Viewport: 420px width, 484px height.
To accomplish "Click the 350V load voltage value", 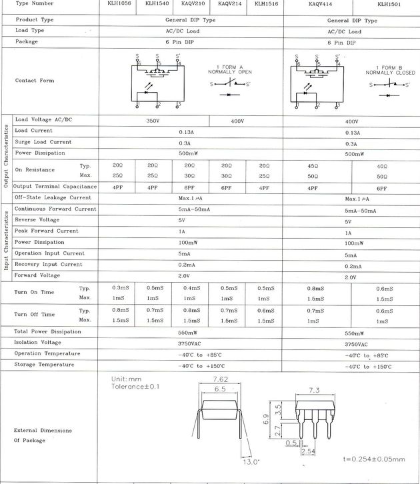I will pyautogui.click(x=153, y=122).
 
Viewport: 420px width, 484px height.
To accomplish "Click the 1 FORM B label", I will pyautogui.click(x=386, y=68).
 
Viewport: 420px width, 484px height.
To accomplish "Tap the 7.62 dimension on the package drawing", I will pyautogui.click(x=220, y=381).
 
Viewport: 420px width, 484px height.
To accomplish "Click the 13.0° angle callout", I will pyautogui.click(x=251, y=461).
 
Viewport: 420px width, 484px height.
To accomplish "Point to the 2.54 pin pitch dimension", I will pyautogui.click(x=308, y=452).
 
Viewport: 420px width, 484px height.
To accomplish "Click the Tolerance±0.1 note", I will pyautogui.click(x=135, y=386).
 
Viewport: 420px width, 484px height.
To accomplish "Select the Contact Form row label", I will pyautogui.click(x=35, y=81).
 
